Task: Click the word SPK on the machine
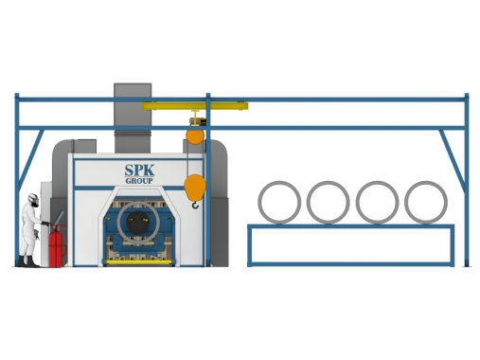tap(137, 171)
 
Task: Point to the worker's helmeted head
tap(32, 199)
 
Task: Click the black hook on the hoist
tap(196, 200)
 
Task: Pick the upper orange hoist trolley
tap(193, 135)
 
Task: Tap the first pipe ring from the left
tap(279, 202)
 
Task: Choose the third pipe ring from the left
tap(377, 202)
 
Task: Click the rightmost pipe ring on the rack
tap(424, 202)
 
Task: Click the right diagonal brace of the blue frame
tap(449, 156)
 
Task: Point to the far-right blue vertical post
tap(466, 180)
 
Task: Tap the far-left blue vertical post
tap(16, 171)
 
